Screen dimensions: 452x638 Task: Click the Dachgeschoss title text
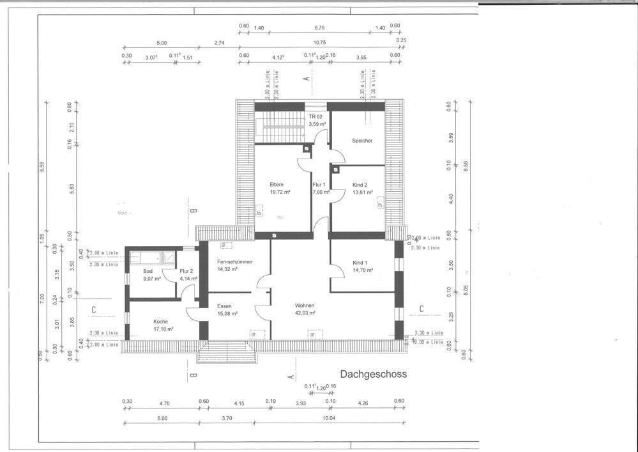(x=373, y=374)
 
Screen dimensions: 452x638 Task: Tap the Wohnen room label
(x=305, y=306)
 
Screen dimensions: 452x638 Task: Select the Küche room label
(x=160, y=322)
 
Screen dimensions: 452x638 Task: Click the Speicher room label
(x=361, y=141)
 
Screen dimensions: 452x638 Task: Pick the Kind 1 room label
(x=361, y=263)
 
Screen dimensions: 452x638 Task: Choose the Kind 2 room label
(x=361, y=185)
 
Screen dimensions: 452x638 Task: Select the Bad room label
(x=147, y=272)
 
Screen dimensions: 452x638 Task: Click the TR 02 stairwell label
(x=316, y=117)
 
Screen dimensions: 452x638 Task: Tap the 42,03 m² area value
(x=305, y=313)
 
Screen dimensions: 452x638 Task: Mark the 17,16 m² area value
(x=163, y=329)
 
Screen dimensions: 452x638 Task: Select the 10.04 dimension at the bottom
(x=329, y=419)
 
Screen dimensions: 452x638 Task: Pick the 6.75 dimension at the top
(x=320, y=28)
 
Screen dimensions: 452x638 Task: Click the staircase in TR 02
(x=280, y=128)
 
